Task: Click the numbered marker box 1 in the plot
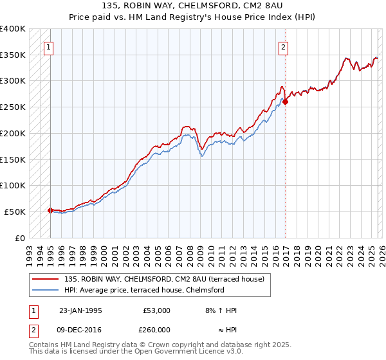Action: [x=50, y=46]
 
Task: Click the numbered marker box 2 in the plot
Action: [x=283, y=46]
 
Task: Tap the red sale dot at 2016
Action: [x=286, y=101]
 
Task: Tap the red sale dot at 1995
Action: [x=50, y=210]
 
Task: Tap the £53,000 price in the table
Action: [x=156, y=310]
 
